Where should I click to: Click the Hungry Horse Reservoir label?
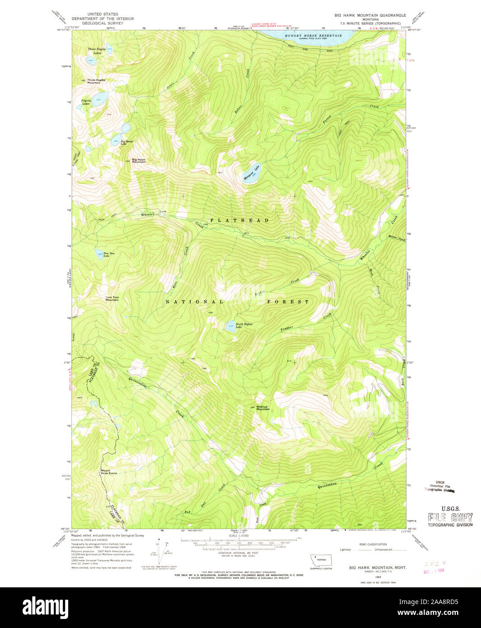[x=313, y=35]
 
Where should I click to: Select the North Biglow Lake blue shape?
[x=230, y=326]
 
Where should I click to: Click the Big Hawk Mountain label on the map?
[x=139, y=160]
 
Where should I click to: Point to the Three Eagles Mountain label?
[x=96, y=81]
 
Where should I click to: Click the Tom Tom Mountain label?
[x=112, y=298]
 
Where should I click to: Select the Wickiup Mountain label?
[x=262, y=408]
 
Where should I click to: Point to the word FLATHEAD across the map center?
[x=239, y=220]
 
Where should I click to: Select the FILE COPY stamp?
[x=450, y=517]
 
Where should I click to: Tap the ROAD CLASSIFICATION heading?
[x=373, y=544]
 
